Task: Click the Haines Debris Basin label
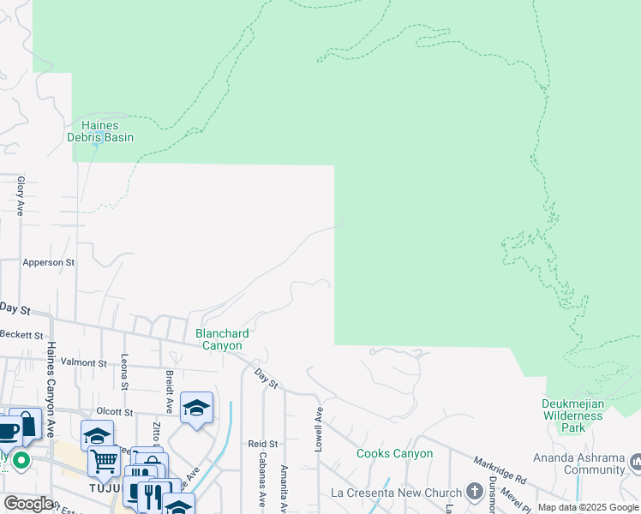coord(100,131)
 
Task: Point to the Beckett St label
coord(21,334)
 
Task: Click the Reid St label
coord(263,444)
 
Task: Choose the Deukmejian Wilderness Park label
coord(572,415)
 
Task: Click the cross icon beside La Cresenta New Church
coord(476,492)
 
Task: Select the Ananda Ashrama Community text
coord(582,463)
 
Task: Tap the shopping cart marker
coord(104,461)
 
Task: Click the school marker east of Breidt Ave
coord(196,408)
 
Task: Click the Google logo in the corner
coord(27,504)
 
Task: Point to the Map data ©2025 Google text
coord(588,507)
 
